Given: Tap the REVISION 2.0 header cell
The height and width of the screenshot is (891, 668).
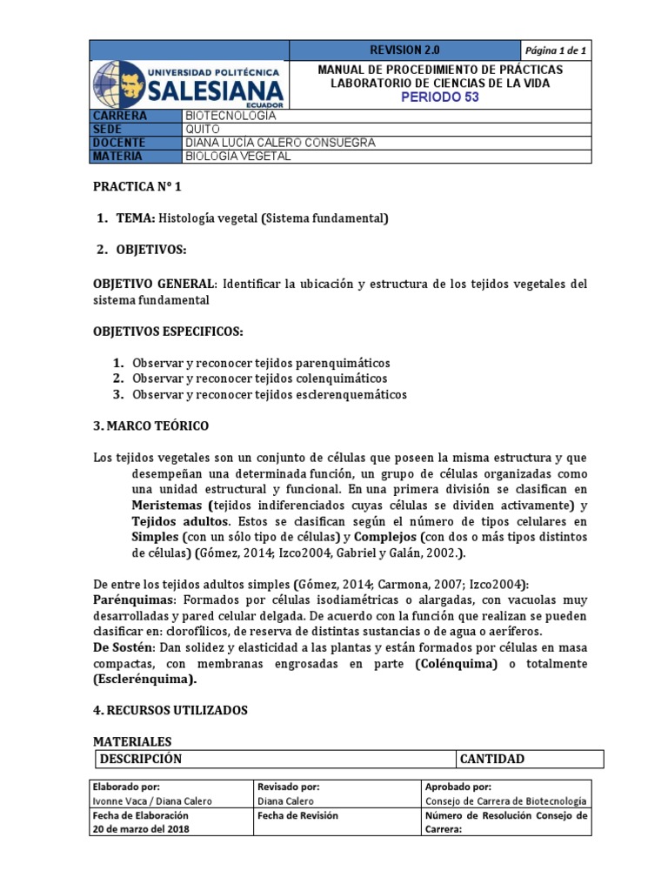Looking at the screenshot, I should click(x=404, y=49).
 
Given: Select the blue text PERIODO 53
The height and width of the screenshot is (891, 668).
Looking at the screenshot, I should click(x=439, y=97).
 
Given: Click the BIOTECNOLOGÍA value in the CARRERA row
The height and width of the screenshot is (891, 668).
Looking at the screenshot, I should click(x=230, y=116).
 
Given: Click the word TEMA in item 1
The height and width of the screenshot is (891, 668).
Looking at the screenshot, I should click(x=134, y=218).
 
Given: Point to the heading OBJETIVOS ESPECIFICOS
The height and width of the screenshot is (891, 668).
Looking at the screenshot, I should click(x=168, y=332).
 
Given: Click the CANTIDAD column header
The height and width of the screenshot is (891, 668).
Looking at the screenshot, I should click(x=492, y=759).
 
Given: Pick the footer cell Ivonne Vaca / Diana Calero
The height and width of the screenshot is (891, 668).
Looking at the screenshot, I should click(x=151, y=801).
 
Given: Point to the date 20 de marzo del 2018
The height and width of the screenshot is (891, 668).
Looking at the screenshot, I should click(x=143, y=829).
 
